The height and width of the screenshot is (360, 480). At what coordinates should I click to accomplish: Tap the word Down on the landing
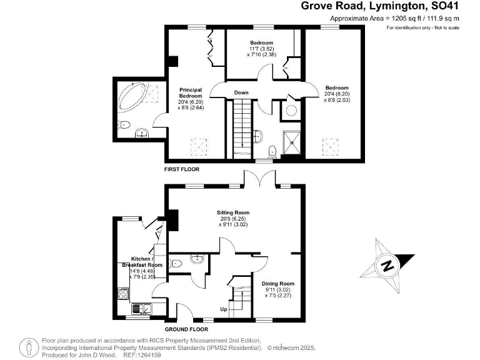[x=241, y=92]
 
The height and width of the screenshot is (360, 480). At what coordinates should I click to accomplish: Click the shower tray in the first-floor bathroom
[x=292, y=141]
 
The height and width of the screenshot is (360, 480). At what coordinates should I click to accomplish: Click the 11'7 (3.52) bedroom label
[x=258, y=47]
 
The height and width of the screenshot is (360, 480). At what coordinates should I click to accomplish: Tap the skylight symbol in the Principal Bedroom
[x=199, y=147]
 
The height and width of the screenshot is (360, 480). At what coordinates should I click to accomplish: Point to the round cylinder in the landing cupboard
[x=291, y=111]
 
